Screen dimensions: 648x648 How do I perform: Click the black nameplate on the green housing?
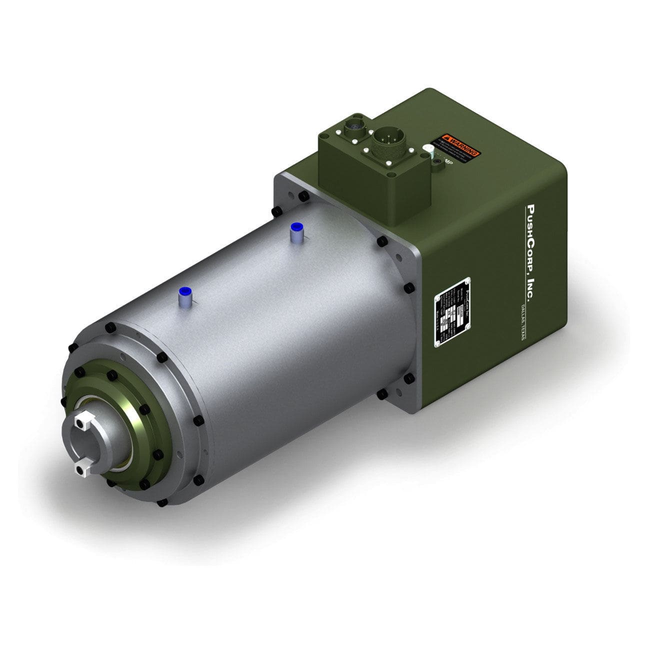(x=452, y=310)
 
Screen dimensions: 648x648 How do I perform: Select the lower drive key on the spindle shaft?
(x=80, y=468)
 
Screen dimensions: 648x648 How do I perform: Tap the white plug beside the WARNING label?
(x=429, y=150)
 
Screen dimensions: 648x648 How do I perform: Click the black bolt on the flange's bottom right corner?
(x=408, y=378)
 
